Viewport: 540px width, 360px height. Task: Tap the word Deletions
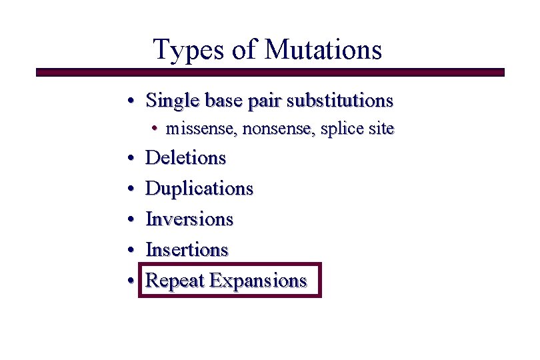point(186,158)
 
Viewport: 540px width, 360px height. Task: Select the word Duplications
point(199,189)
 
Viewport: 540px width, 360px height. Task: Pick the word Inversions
point(189,219)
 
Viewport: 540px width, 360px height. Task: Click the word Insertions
point(187,250)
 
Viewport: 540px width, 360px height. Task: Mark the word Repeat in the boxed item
point(175,281)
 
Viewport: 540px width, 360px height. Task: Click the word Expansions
point(258,281)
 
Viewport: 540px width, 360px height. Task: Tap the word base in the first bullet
point(223,101)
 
